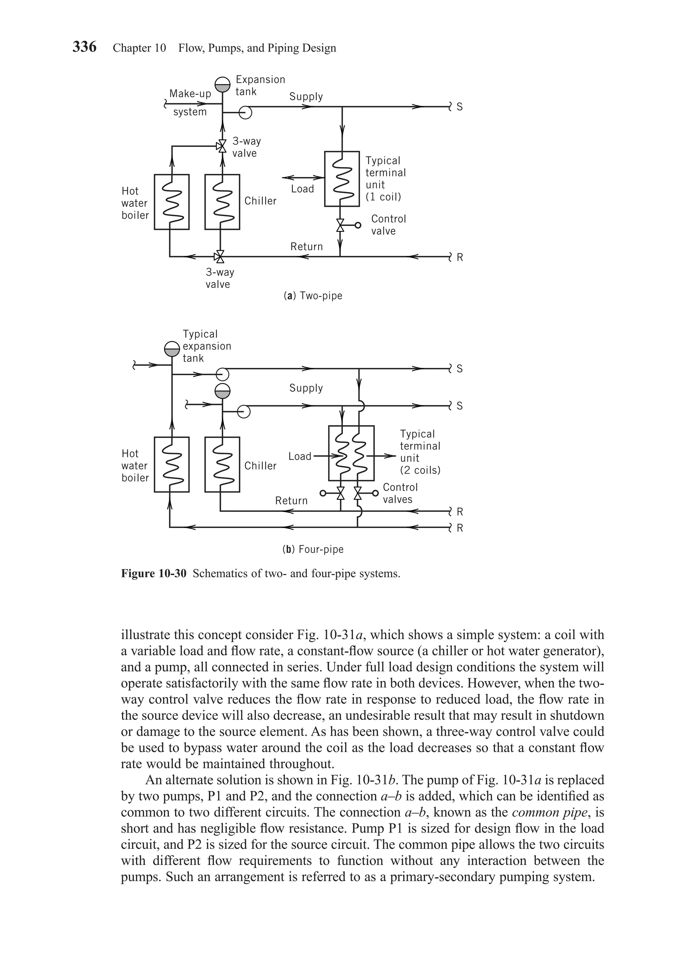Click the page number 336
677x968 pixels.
(84, 47)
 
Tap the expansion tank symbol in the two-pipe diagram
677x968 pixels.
(222, 84)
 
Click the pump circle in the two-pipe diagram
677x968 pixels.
(245, 112)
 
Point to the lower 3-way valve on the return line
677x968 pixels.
(219, 256)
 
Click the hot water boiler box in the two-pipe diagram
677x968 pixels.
(172, 202)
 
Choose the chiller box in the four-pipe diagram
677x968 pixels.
(222, 464)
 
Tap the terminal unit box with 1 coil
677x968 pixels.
(342, 179)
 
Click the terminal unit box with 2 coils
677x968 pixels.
(351, 453)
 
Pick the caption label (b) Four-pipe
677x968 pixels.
(313, 550)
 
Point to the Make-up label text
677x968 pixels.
(190, 94)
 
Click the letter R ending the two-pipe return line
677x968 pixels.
(459, 258)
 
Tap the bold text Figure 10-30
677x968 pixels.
(153, 573)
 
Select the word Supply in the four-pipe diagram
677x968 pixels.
(306, 388)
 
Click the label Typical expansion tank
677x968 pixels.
(206, 346)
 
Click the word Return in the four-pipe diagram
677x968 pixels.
(291, 501)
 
